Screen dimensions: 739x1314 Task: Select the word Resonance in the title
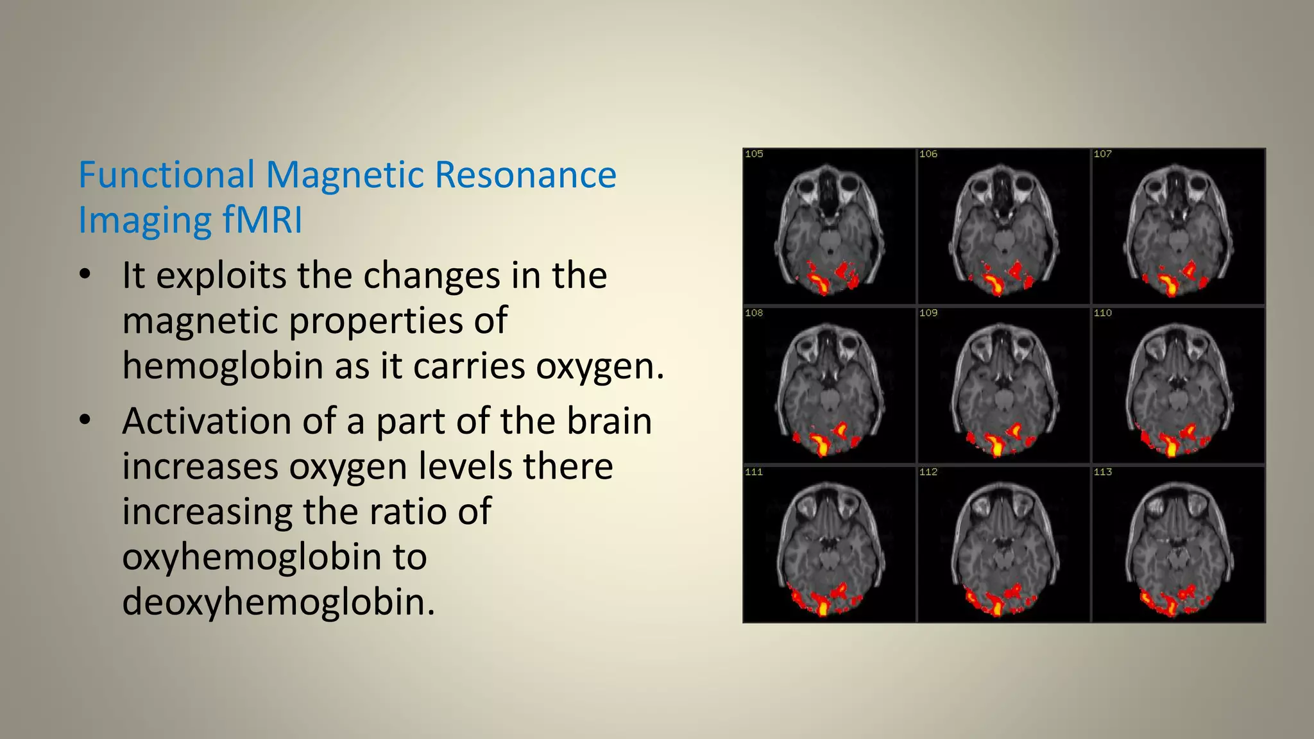[x=525, y=175]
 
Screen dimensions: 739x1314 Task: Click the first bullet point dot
[x=85, y=275]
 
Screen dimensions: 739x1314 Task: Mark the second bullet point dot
[x=85, y=420]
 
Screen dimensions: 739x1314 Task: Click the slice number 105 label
[x=754, y=154]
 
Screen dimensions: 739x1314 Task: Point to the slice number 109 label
[x=928, y=313]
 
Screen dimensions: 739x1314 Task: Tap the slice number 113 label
[x=1102, y=472]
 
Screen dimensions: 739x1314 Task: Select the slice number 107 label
[x=1102, y=154]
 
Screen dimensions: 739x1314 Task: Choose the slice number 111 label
[x=754, y=472]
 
